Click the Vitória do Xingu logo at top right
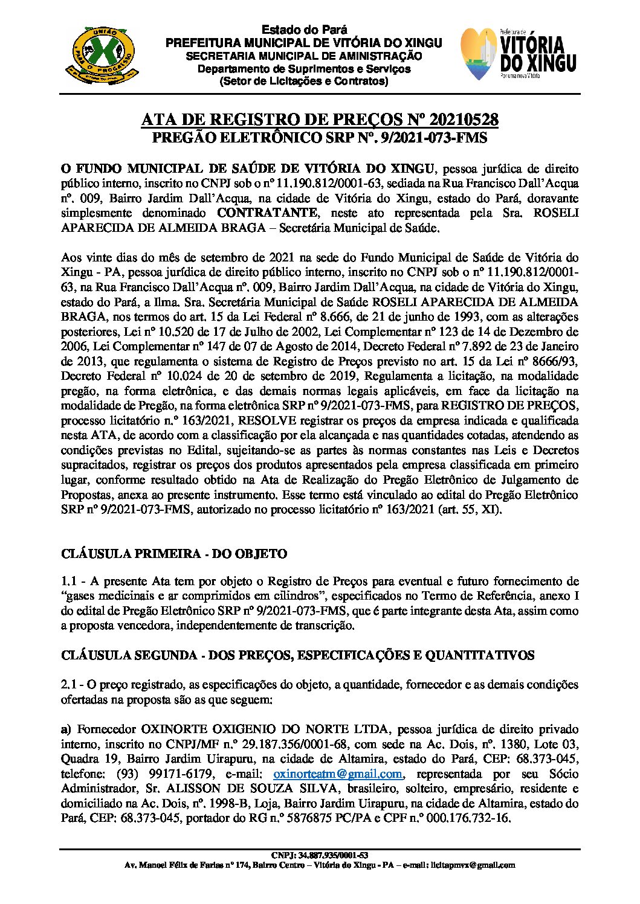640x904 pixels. pyautogui.click(x=518, y=54)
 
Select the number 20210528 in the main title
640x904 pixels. pyautogui.click(x=456, y=120)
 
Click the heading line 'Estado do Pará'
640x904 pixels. pyautogui.click(x=304, y=30)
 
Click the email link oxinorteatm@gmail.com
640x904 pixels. pyautogui.click(x=338, y=774)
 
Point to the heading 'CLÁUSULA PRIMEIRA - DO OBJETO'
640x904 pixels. pyautogui.click(x=174, y=554)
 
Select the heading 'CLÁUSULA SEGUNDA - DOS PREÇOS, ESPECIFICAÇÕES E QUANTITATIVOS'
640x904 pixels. pyautogui.click(x=298, y=655)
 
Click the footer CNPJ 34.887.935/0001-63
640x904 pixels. pyautogui.click(x=320, y=856)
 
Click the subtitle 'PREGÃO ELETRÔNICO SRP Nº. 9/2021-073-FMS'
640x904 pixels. pyautogui.click(x=319, y=138)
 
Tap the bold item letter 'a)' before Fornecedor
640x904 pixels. pyautogui.click(x=66, y=729)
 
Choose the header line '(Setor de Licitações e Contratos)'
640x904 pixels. pyautogui.click(x=304, y=81)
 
